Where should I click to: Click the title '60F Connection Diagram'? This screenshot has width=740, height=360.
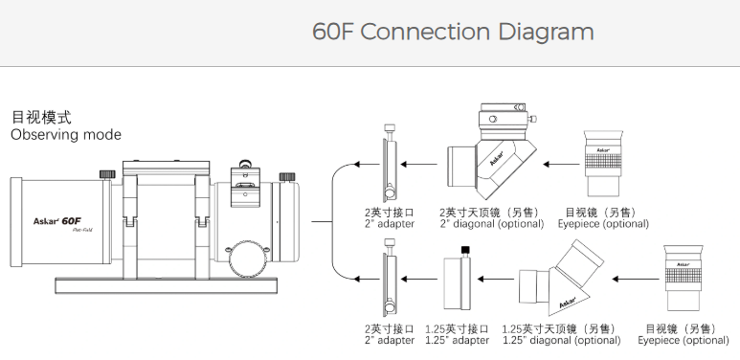pyautogui.click(x=453, y=33)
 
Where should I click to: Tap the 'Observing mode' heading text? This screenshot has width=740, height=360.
pyautogui.click(x=66, y=135)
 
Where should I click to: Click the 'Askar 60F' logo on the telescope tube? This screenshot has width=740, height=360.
pyautogui.click(x=56, y=221)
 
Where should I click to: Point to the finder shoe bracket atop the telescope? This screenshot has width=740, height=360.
pyautogui.click(x=244, y=185)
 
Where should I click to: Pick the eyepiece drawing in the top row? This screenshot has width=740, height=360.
pyautogui.click(x=603, y=164)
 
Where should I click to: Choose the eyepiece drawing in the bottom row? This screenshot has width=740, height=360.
pyautogui.click(x=683, y=279)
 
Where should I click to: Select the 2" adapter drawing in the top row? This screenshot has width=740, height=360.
pyautogui.click(x=390, y=163)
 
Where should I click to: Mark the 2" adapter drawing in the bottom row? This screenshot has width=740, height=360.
pyautogui.click(x=390, y=279)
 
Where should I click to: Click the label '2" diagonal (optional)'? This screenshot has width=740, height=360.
pyautogui.click(x=492, y=224)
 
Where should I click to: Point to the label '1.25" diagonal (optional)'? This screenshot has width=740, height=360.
pyautogui.click(x=562, y=340)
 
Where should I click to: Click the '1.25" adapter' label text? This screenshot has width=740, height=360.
pyautogui.click(x=458, y=340)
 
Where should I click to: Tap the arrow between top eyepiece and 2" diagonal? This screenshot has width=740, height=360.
pyautogui.click(x=561, y=164)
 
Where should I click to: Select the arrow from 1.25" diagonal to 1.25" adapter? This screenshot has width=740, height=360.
pyautogui.click(x=496, y=280)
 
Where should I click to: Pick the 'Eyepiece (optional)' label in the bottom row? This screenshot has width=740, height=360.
pyautogui.click(x=684, y=340)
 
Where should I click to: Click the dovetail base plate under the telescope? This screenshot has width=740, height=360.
pyautogui.click(x=167, y=285)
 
